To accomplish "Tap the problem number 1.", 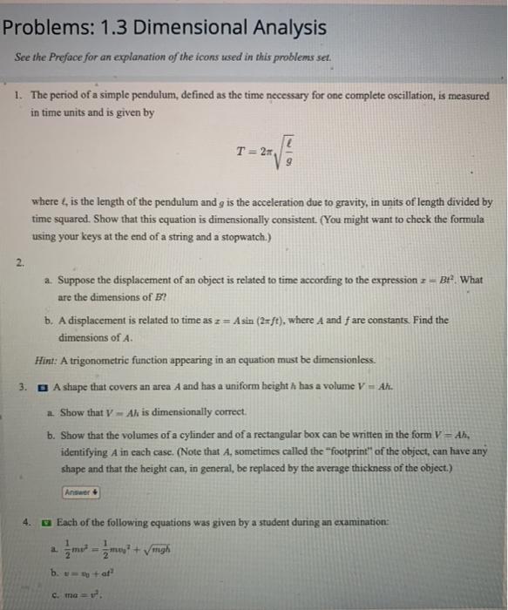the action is coord(18,96).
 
